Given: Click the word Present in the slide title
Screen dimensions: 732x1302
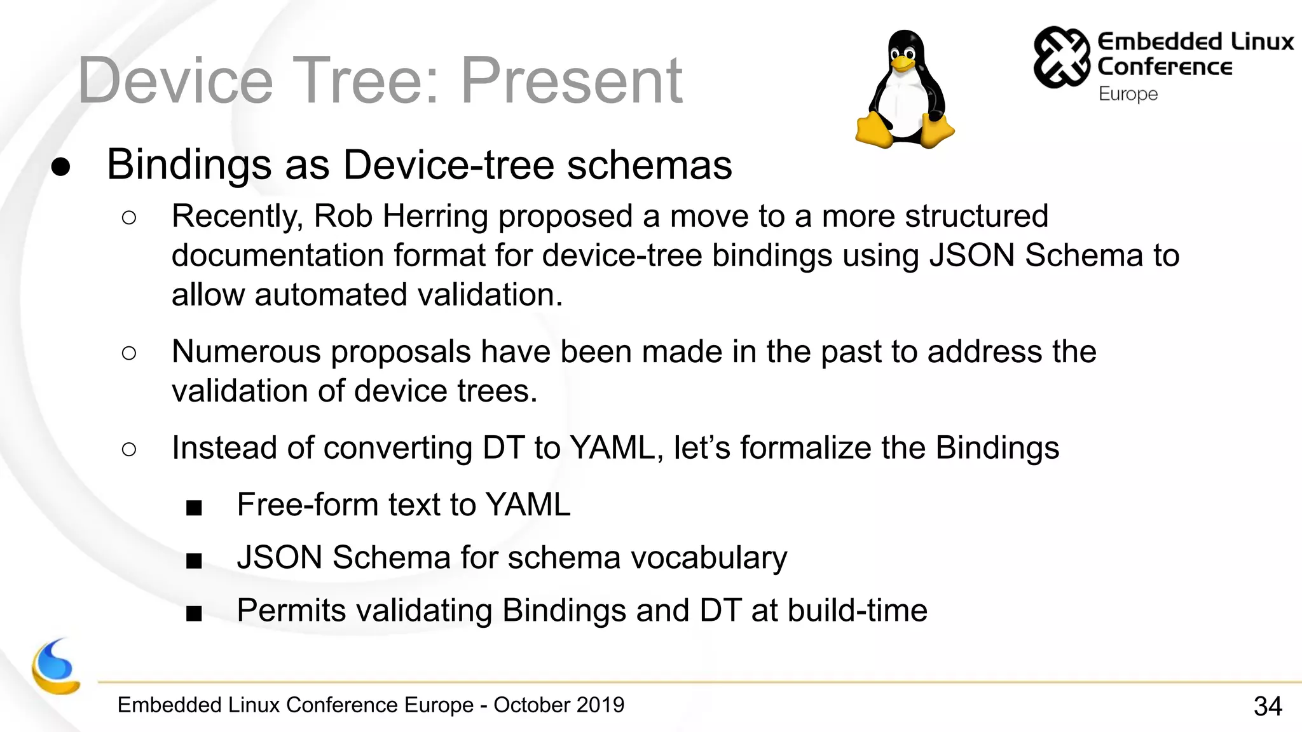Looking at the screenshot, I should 571,81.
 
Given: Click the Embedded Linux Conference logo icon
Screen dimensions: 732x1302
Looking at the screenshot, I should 1061,57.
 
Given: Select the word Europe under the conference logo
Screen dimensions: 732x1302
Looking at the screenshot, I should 1128,94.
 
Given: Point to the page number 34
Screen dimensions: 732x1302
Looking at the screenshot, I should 1268,706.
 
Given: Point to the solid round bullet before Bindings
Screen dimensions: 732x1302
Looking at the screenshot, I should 61,166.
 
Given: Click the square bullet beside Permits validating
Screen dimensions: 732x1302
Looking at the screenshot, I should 194,613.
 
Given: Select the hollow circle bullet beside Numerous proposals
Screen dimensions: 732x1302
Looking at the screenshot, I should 128,353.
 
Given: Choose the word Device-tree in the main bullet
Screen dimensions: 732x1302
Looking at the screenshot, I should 449,165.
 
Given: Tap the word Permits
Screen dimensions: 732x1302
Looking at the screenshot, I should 291,610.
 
